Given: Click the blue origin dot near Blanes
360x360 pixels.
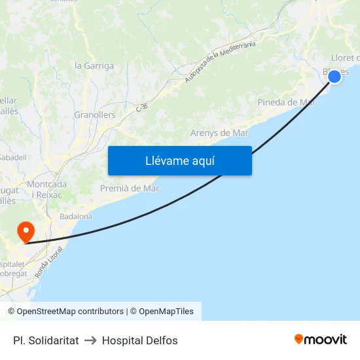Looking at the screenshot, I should click(334, 77).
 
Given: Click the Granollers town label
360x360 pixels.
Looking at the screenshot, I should click(94, 115).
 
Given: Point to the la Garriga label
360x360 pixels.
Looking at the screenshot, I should click(94, 65).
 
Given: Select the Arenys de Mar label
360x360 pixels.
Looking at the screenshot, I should click(219, 133).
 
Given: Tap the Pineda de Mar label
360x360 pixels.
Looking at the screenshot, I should click(286, 102).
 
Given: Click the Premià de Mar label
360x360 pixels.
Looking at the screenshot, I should click(130, 189).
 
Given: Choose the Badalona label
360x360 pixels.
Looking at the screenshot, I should click(76, 216).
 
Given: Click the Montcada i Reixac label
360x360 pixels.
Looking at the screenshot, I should click(46, 190).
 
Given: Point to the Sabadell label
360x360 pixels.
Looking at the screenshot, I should click(13, 157).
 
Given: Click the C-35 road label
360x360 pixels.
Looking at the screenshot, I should click(142, 105).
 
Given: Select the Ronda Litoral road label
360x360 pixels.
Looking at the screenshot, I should click(49, 262).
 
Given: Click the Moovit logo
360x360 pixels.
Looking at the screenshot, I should click(320, 339).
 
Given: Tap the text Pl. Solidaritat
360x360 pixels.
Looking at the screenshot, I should click(46, 340).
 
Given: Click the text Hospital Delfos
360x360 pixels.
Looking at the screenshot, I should click(139, 340).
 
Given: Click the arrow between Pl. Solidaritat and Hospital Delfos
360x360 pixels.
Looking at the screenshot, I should click(90, 340).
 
